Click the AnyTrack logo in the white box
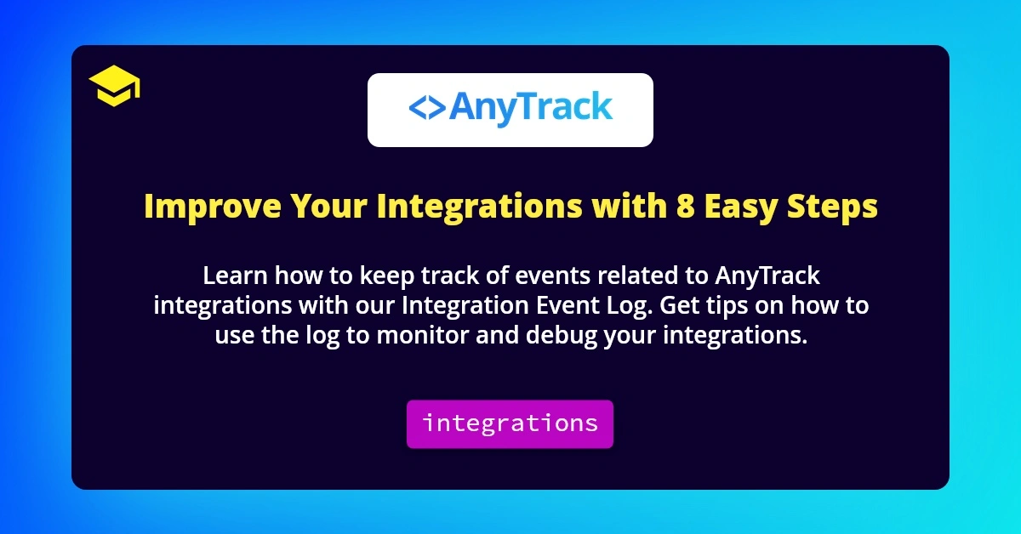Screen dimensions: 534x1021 pos(510,110)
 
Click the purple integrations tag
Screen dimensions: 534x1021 pos(510,423)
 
